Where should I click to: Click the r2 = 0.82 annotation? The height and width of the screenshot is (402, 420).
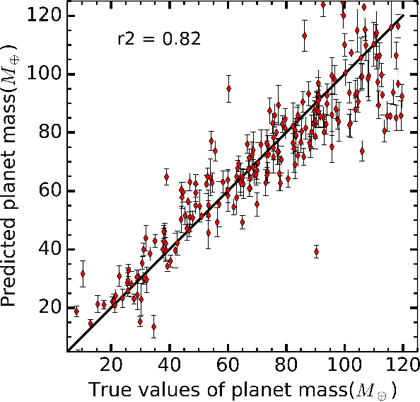pos(158,39)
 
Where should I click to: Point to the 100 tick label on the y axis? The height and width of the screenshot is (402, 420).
pos(44,74)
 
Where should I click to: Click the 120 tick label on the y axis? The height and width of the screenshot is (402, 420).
pos(44,16)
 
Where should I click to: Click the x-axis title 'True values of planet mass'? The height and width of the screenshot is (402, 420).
pos(236,389)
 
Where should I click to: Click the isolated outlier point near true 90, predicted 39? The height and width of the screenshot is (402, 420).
pos(316,251)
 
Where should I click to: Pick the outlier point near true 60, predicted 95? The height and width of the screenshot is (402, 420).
pos(228,88)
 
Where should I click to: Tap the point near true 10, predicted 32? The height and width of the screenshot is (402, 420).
pos(83,273)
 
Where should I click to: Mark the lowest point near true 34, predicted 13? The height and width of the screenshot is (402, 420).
pos(153,327)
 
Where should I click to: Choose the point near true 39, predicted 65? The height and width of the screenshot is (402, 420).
pos(167,177)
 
